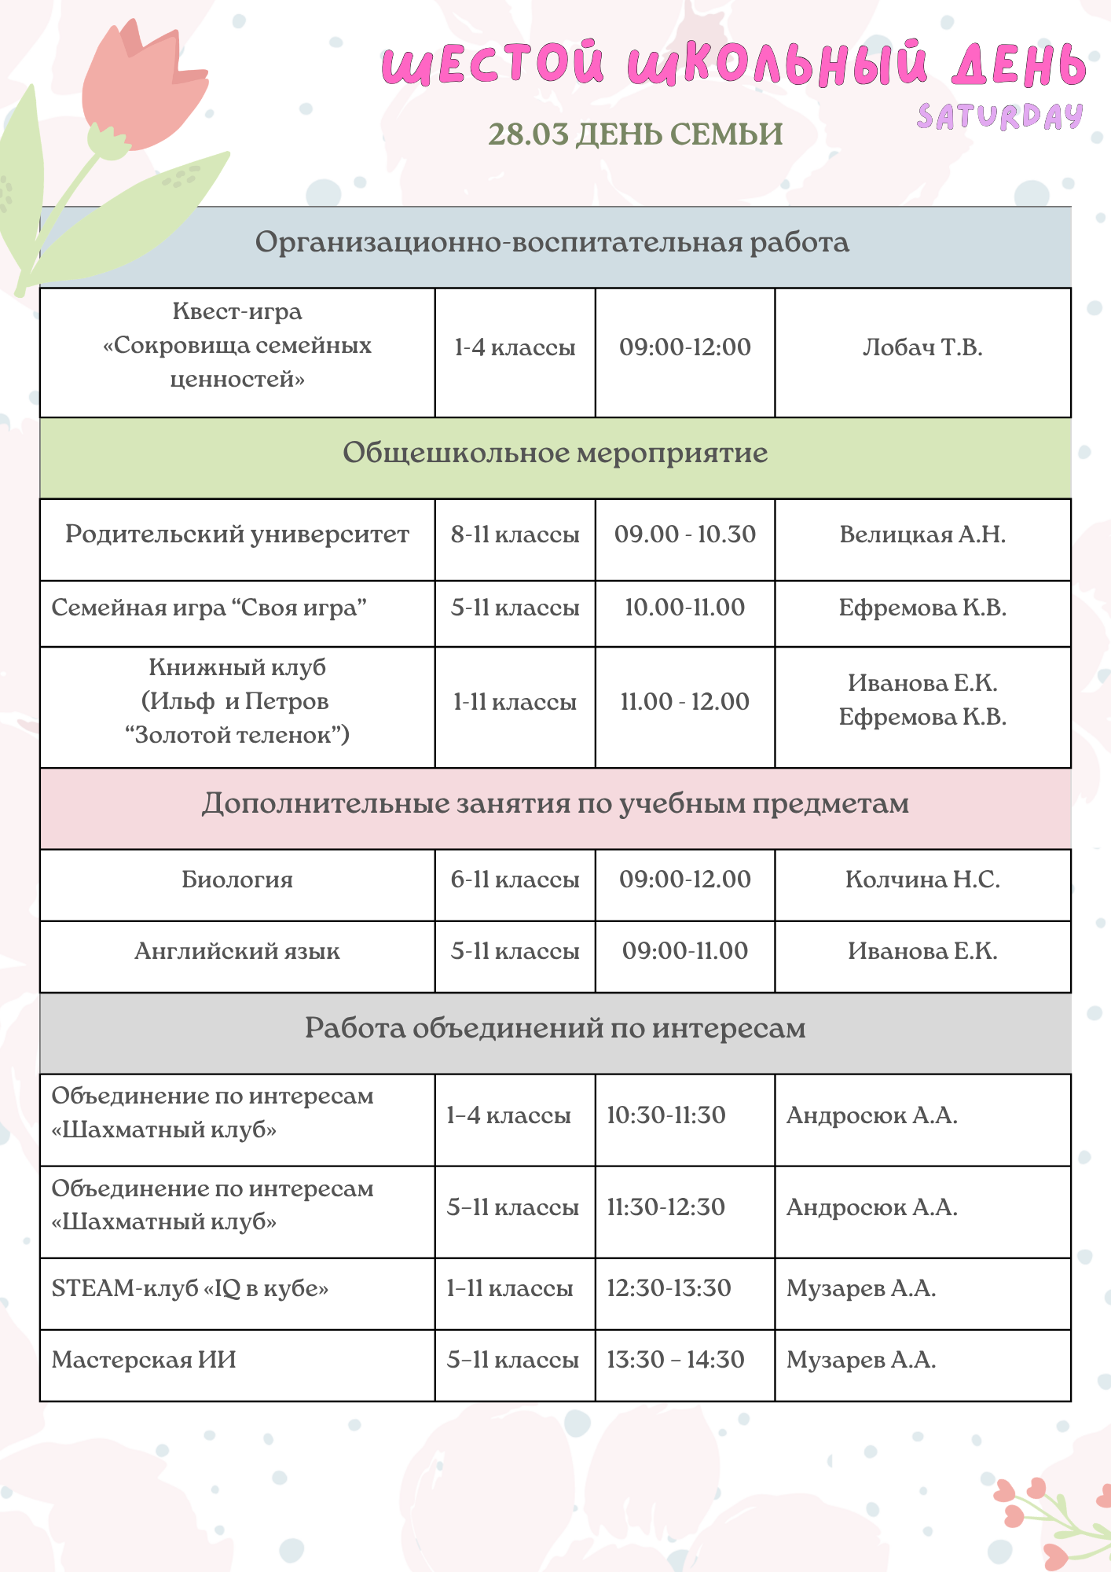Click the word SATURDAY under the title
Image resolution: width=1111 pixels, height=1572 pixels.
point(999,117)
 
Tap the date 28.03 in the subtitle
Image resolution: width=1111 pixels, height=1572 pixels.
point(528,134)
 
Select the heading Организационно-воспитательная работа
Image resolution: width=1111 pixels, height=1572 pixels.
point(552,242)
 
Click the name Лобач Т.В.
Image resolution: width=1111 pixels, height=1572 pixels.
point(922,347)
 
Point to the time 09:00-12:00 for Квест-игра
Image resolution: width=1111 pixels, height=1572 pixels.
point(684,347)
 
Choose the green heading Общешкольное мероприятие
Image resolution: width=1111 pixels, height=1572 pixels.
point(555,453)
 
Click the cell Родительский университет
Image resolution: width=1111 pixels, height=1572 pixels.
point(237,534)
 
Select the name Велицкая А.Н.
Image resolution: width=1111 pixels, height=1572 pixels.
point(922,534)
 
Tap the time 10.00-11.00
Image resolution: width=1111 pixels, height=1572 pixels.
point(684,608)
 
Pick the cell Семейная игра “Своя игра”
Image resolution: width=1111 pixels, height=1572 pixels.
point(209,608)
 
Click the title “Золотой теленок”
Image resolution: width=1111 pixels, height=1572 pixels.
point(237,735)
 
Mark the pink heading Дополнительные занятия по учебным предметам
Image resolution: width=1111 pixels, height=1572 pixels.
point(555,803)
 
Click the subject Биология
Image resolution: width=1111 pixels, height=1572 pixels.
point(237,880)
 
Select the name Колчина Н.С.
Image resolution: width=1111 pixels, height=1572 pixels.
point(922,880)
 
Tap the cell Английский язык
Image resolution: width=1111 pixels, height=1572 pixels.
point(237,951)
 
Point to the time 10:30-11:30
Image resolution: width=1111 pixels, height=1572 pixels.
point(666,1115)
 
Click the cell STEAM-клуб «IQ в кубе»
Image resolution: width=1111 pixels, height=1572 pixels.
point(190,1288)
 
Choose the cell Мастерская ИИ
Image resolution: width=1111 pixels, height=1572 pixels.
point(144,1360)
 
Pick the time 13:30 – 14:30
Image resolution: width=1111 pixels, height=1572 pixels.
point(675,1360)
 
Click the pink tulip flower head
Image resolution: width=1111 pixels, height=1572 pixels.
point(141,86)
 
